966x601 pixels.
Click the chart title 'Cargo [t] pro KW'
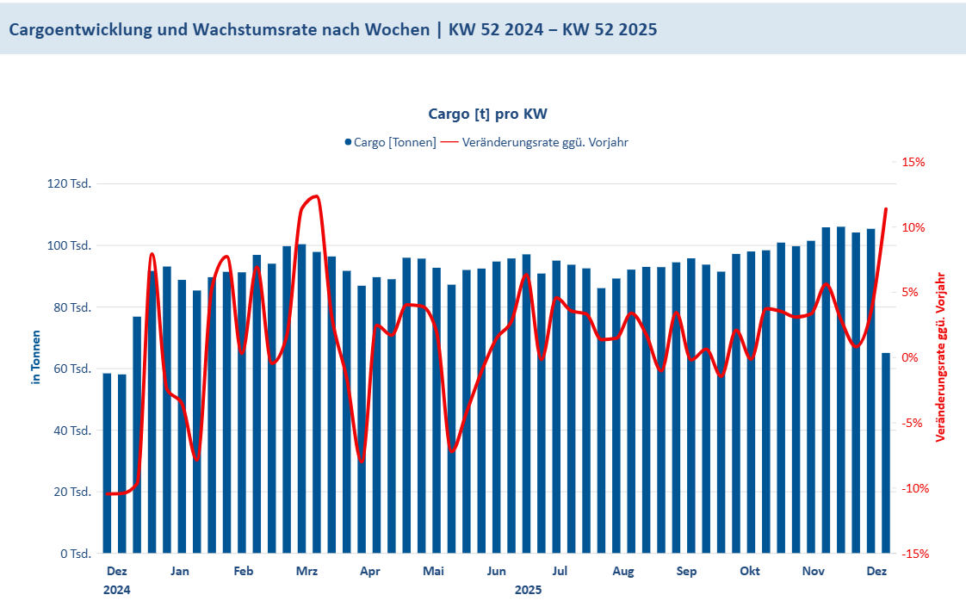click(x=488, y=114)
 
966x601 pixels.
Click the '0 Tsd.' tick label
click(x=76, y=554)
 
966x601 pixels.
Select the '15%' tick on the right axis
click(x=913, y=162)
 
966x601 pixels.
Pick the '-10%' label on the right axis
click(x=913, y=488)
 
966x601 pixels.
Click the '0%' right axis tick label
click(x=912, y=357)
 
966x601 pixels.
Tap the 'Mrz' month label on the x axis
click(x=307, y=571)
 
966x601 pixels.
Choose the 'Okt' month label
click(x=750, y=571)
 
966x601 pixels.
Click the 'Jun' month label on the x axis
click(x=497, y=571)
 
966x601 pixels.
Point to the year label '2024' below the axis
click(x=117, y=590)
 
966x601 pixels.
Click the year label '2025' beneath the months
click(x=529, y=590)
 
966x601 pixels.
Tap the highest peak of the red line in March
click(x=316, y=196)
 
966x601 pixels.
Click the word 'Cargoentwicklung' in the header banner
click(x=80, y=29)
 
